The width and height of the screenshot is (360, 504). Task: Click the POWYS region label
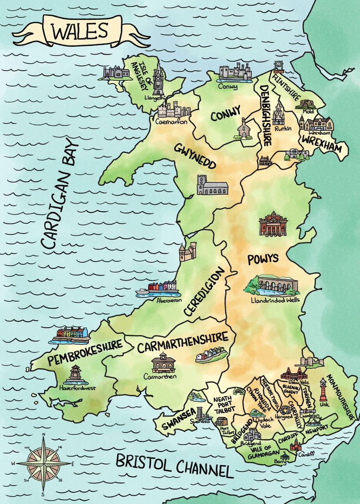263,258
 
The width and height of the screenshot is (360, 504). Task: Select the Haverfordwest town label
78,388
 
